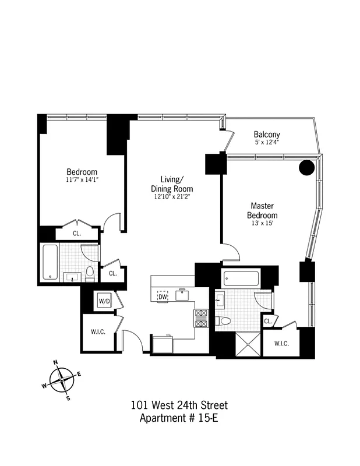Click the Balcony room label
[267, 133]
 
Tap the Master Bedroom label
[263, 210]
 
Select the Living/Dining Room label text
[172, 184]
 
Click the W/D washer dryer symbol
[104, 301]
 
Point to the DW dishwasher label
[163, 297]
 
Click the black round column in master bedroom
[306, 168]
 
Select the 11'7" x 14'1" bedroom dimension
[82, 180]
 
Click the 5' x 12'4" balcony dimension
[267, 142]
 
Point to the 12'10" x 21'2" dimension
[172, 197]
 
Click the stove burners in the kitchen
[201, 319]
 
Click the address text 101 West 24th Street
[179, 405]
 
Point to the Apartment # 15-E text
[179, 418]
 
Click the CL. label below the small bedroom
[77, 234]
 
